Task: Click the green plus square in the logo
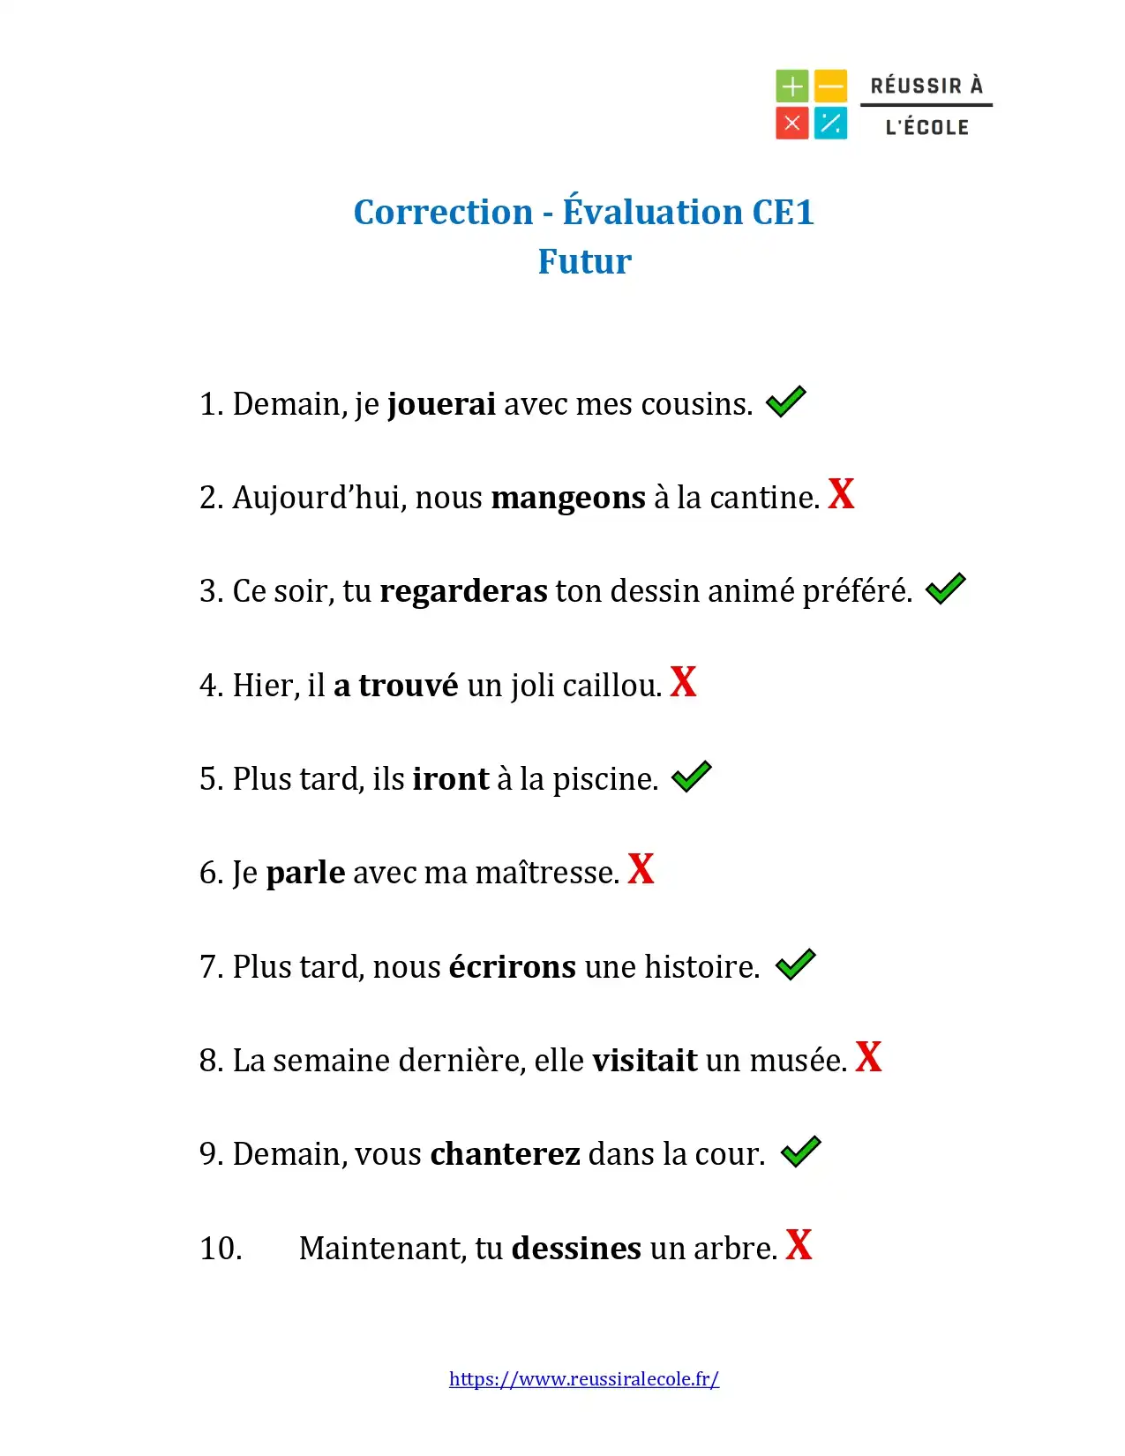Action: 792,86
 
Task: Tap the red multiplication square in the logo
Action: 792,124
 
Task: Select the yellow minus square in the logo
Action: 830,86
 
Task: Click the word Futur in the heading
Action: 584,262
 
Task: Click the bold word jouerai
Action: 441,404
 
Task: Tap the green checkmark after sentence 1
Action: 785,402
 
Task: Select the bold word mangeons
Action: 568,499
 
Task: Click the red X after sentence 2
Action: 841,494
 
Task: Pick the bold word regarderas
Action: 463,591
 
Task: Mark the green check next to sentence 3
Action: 945,589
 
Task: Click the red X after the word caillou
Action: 683,682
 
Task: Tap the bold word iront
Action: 450,779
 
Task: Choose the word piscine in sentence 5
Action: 604,780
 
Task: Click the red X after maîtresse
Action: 641,869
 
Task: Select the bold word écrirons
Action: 512,967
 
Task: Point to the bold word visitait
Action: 644,1061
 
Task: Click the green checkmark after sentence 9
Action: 800,1152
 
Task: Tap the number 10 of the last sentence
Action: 221,1249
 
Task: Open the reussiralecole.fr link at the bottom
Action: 583,1379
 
